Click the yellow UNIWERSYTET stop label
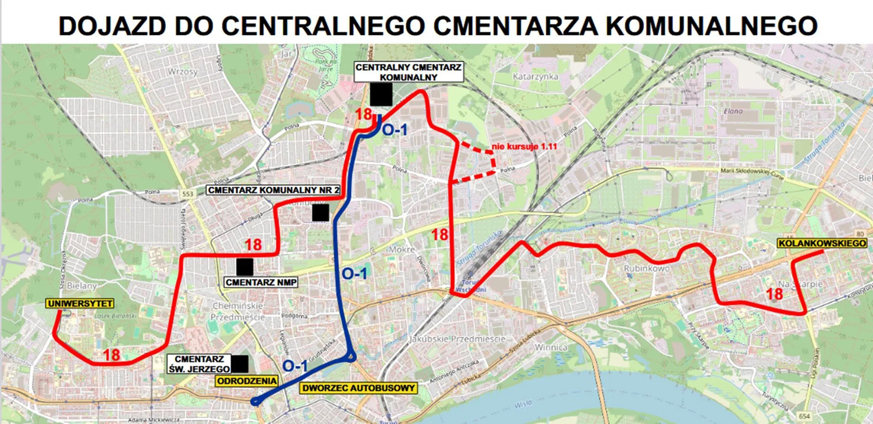pos(80,303)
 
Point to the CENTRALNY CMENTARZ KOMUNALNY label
pos(409,72)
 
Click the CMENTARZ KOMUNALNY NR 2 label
pos(274,190)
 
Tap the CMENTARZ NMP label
pos(260,282)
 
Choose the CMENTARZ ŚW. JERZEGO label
pos(197,363)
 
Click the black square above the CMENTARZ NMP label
pos(244,267)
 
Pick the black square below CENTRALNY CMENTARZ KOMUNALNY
pos(381,94)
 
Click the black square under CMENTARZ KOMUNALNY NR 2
pos(321,213)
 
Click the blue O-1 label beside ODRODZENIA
pos(295,365)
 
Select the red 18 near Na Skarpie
pos(775,294)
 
